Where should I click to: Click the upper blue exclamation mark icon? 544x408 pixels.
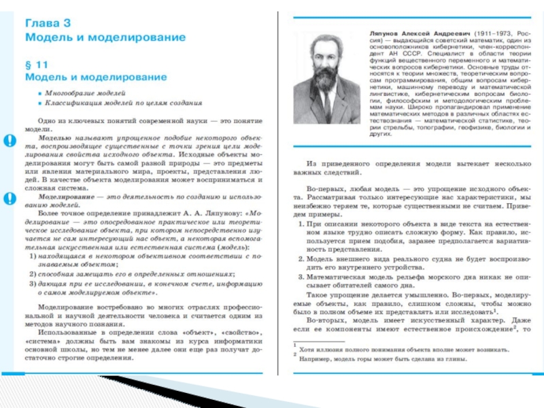click(x=10, y=141)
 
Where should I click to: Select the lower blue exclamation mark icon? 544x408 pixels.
click(x=10, y=198)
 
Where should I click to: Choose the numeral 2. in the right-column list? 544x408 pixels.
click(x=302, y=259)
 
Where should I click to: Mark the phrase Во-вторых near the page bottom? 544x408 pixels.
click(x=323, y=319)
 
